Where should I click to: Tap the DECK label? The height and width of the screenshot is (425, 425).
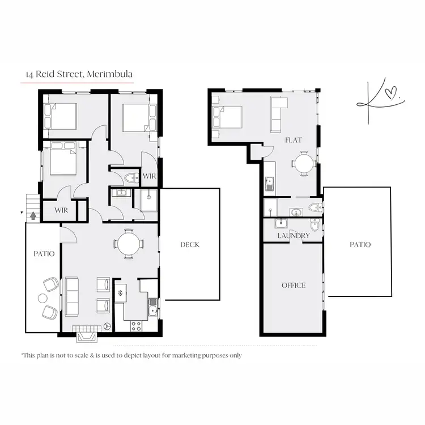tap(190, 245)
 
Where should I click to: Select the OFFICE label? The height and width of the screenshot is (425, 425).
tap(293, 285)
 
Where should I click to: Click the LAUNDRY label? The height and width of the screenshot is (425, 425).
tap(293, 236)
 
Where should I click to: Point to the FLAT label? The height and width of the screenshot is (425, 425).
tap(293, 139)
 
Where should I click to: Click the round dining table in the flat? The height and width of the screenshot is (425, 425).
tap(304, 164)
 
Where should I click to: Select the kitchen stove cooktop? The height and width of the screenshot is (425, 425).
tap(137, 326)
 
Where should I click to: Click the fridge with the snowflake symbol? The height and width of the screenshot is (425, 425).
tap(121, 294)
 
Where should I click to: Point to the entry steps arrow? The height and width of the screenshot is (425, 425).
tap(32, 215)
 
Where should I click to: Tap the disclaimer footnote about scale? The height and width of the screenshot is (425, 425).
tap(131, 355)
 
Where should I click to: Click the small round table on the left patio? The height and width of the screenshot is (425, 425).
tap(43, 298)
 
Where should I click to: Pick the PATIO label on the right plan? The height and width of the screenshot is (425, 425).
tap(360, 244)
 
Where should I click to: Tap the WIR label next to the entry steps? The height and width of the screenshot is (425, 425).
tap(61, 210)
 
